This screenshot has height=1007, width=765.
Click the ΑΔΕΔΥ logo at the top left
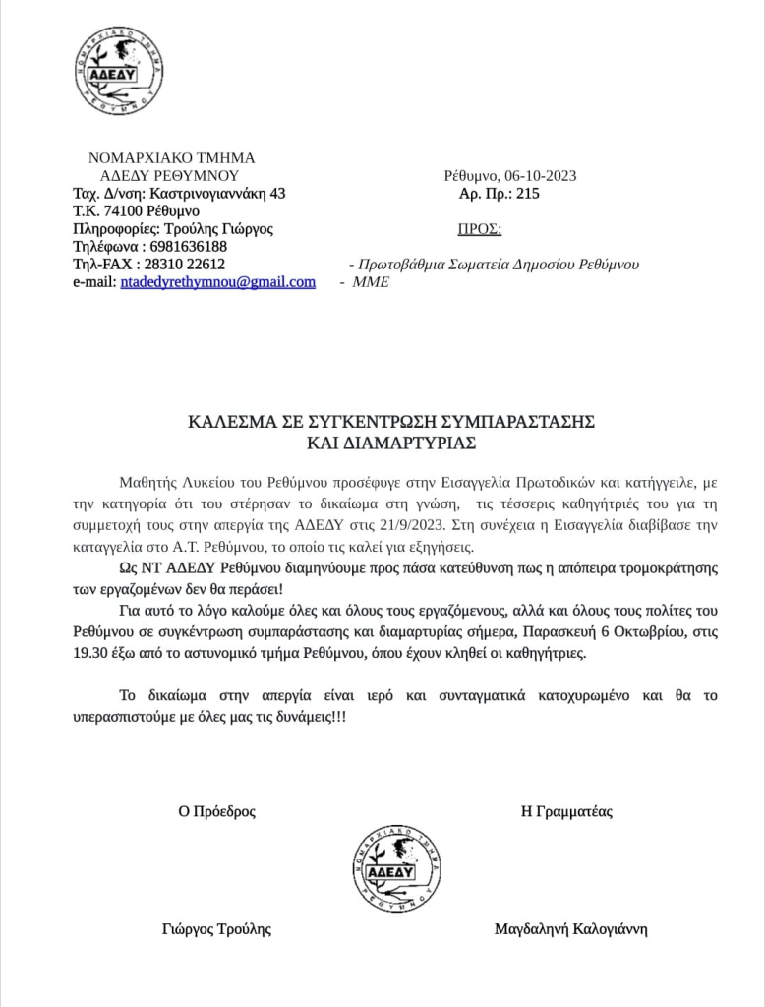pos(118,72)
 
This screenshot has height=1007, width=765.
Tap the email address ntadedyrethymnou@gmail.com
pos(218,282)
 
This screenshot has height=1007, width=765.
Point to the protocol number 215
pos(527,194)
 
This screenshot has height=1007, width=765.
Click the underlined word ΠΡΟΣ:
pos(480,230)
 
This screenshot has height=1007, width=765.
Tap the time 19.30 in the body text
pos(135,654)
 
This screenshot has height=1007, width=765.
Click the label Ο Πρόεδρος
pos(216,812)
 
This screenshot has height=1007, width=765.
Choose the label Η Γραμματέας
pos(567,812)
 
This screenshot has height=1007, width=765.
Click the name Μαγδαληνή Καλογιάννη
pos(570,929)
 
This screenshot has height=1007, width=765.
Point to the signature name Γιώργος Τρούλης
pos(216,929)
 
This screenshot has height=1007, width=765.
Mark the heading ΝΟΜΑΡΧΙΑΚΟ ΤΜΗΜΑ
pos(171,157)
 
